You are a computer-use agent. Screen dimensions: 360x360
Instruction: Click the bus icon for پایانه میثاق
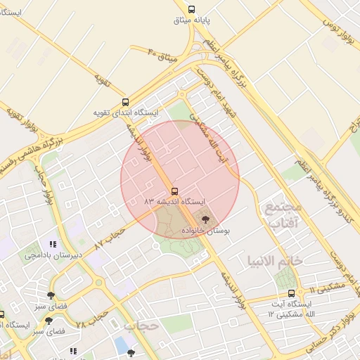(192, 9)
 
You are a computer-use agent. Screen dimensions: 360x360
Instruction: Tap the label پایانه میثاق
(192, 20)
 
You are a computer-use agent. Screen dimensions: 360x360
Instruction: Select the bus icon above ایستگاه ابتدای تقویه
(125, 102)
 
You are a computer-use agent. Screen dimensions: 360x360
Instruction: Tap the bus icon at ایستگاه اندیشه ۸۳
(174, 191)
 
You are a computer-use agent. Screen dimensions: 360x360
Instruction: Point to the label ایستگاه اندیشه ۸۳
(174, 202)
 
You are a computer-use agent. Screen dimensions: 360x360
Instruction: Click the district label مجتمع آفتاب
(283, 215)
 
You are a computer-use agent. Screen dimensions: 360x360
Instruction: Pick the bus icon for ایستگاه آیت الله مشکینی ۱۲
(291, 293)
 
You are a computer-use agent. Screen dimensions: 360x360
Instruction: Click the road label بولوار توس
(337, 34)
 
